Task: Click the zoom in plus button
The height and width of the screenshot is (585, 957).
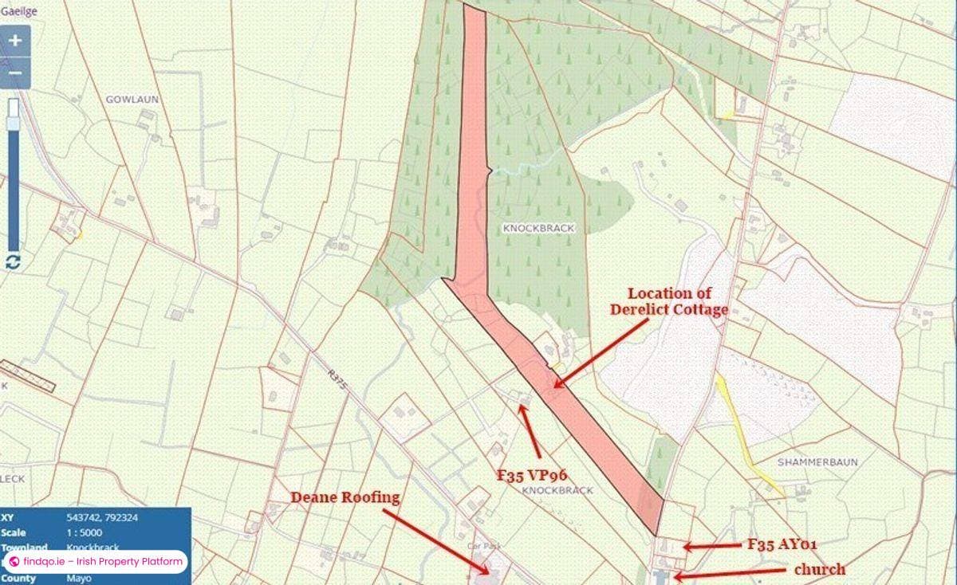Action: click(15, 41)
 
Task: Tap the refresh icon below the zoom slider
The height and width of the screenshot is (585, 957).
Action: click(13, 261)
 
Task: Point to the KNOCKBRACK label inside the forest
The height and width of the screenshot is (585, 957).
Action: click(539, 228)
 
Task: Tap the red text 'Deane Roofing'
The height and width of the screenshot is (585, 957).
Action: click(345, 497)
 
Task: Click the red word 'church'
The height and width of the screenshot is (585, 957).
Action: click(819, 569)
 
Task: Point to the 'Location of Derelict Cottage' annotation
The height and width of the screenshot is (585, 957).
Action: click(669, 301)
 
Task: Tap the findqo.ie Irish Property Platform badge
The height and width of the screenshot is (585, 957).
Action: click(96, 562)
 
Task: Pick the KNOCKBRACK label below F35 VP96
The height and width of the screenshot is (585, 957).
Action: click(557, 491)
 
